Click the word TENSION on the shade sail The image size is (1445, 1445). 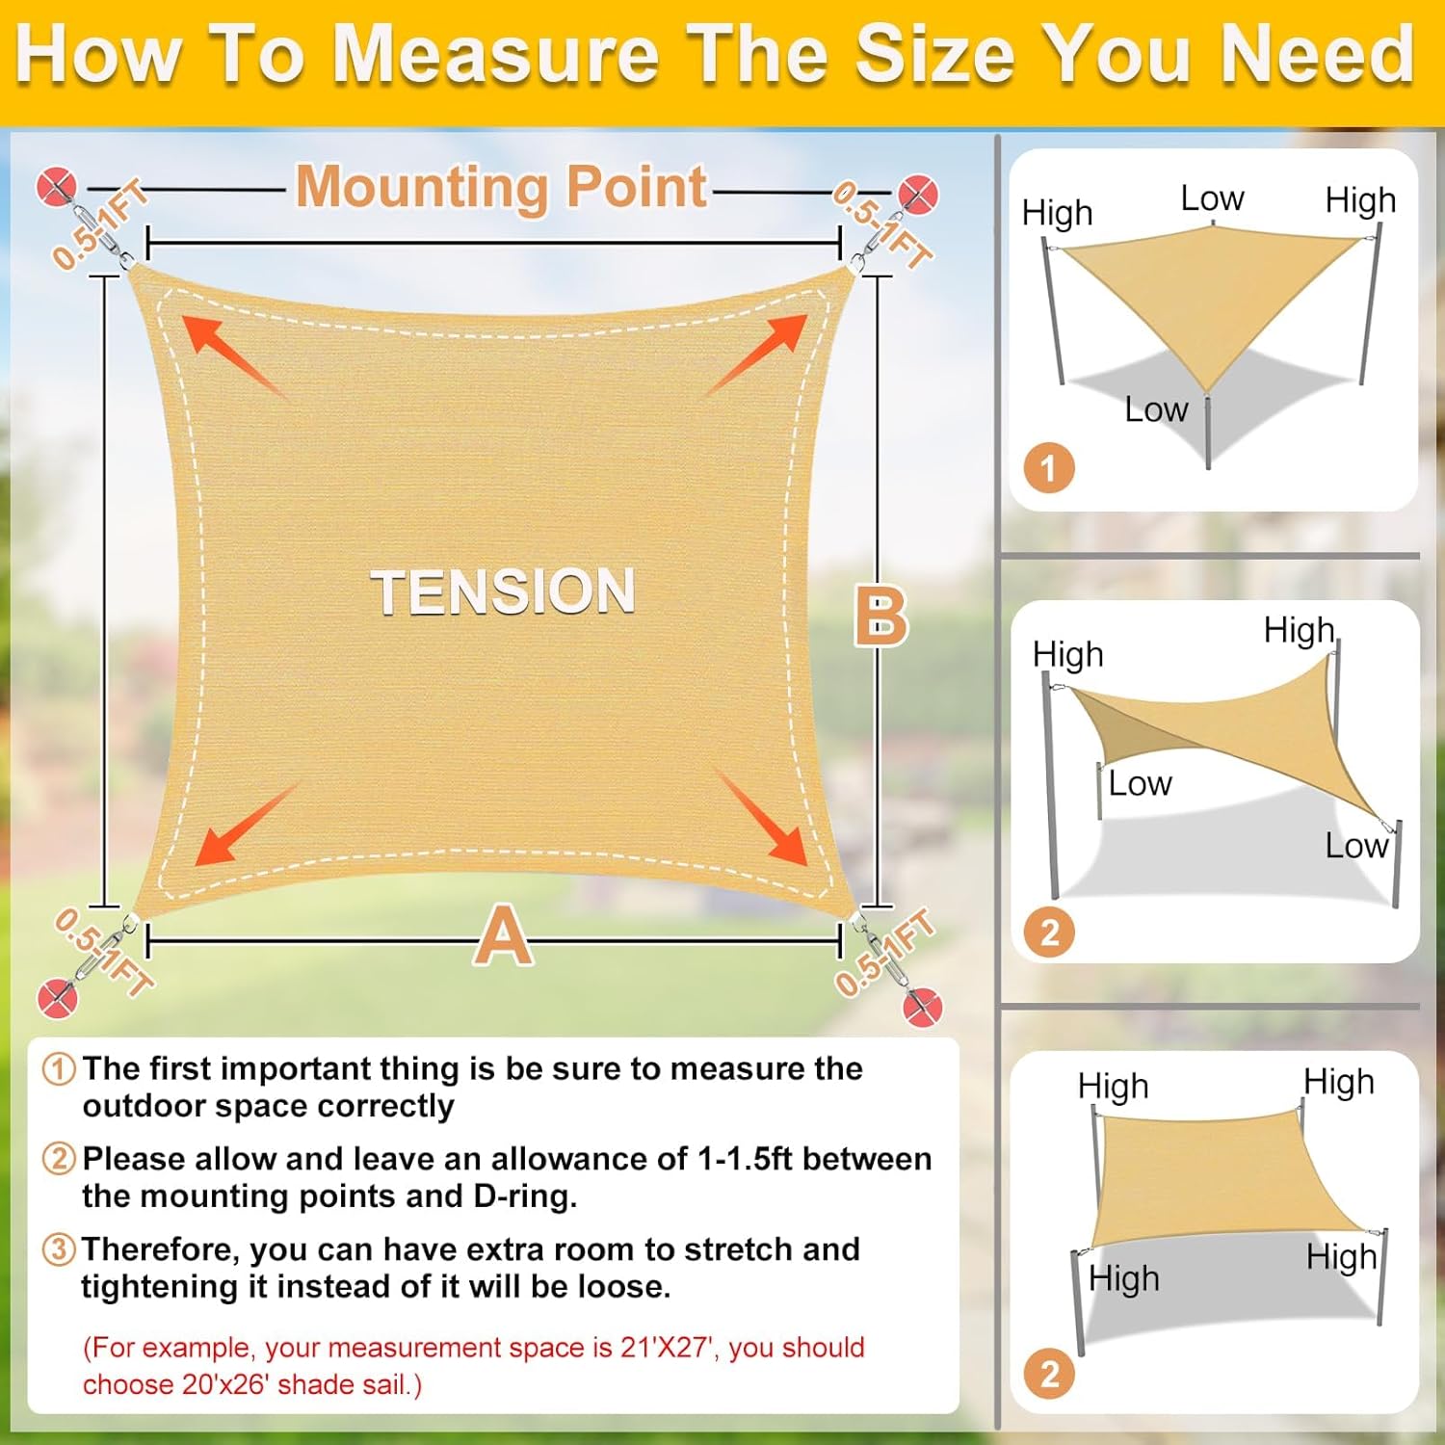point(503,591)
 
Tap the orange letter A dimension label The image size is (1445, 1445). point(503,936)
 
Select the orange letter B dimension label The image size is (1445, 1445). point(880,617)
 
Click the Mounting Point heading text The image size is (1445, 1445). point(501,186)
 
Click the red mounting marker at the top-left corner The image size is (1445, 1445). point(56,186)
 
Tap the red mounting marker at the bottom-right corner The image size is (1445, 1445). point(922,1007)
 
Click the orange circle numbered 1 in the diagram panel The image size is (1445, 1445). point(1048,468)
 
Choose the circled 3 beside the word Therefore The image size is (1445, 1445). point(59,1249)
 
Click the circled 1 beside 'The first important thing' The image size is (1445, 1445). point(59,1068)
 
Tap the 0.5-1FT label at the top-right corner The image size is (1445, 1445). point(882,224)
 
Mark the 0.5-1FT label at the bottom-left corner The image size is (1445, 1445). point(102,951)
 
